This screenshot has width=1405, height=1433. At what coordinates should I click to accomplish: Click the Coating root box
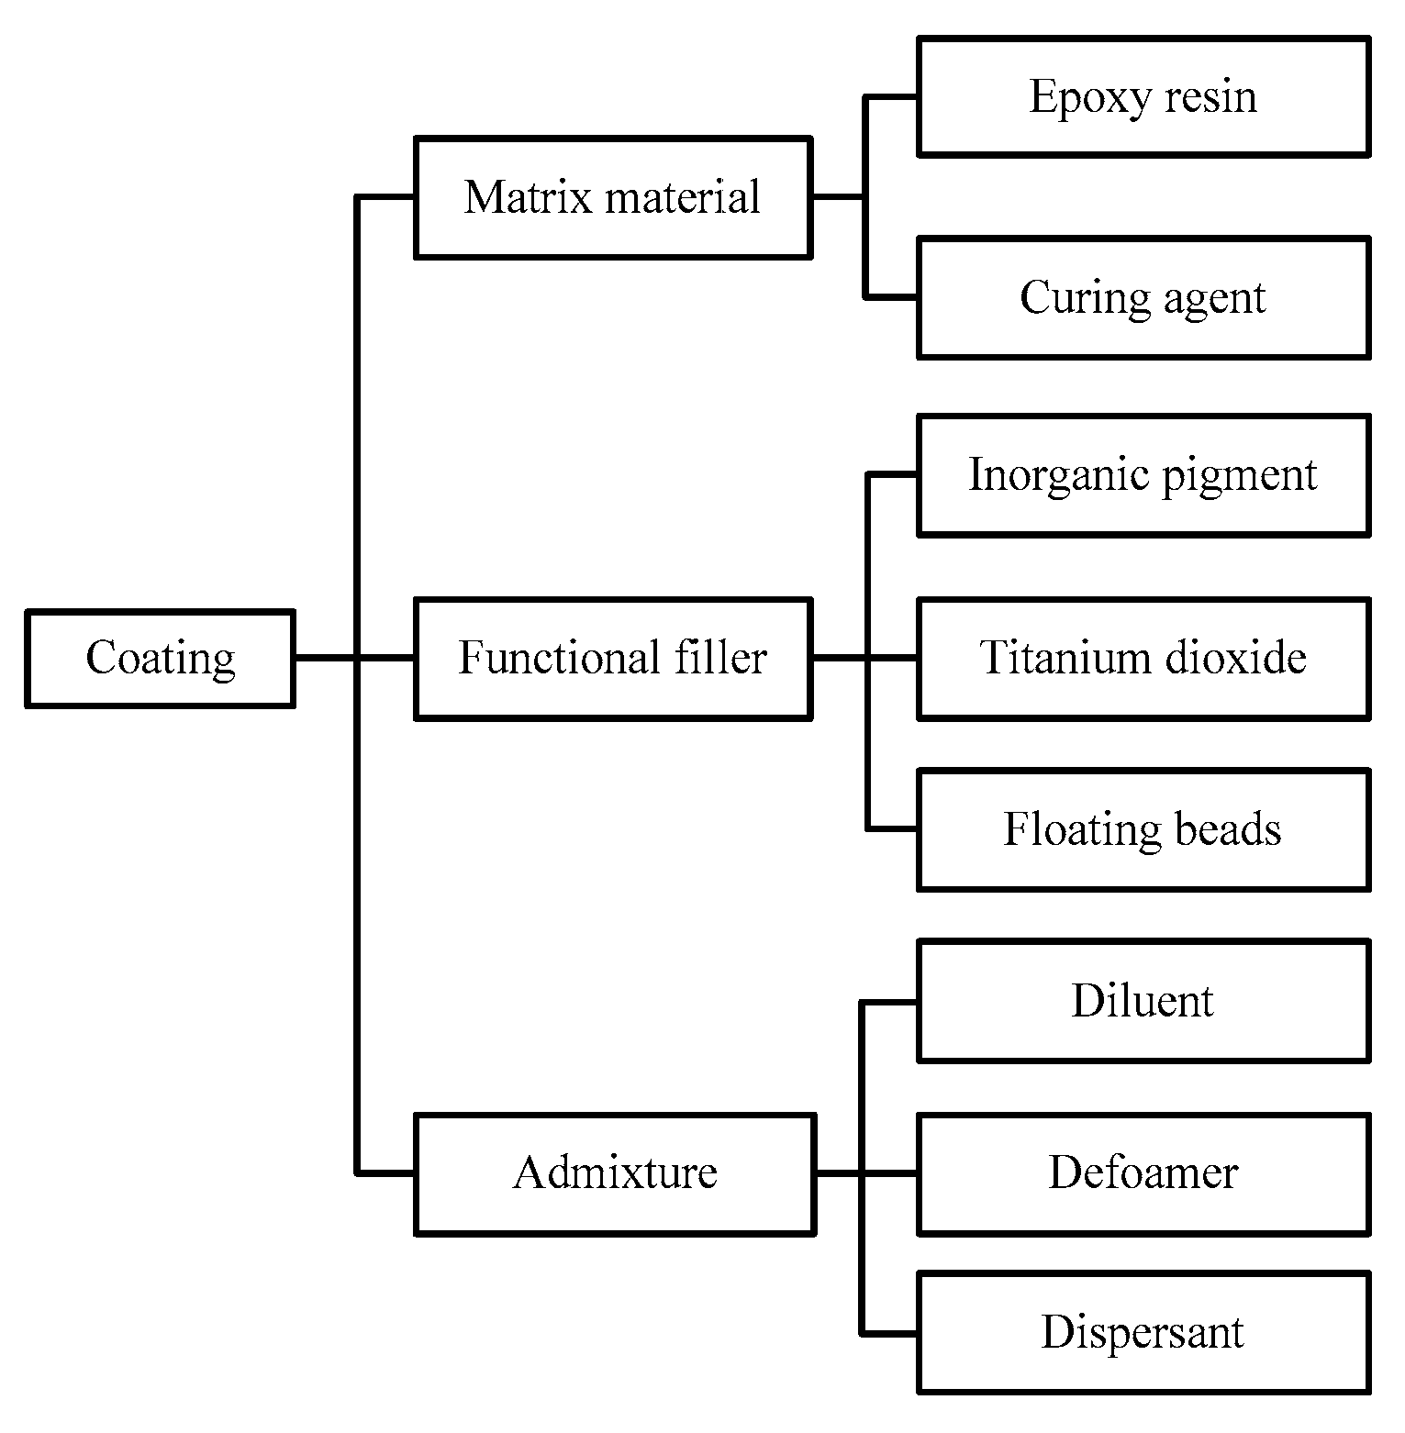point(160,659)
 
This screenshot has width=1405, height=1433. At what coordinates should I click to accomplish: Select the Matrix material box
point(612,197)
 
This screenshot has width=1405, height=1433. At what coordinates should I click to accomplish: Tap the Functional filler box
point(612,659)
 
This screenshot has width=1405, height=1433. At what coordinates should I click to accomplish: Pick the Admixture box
point(614,1173)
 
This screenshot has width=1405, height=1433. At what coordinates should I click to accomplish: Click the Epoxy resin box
point(1143,96)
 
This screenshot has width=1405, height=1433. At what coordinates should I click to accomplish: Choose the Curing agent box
point(1143,297)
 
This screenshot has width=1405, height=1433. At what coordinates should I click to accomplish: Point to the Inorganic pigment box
point(1143,475)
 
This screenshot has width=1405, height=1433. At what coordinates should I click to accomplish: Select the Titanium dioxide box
point(1143,659)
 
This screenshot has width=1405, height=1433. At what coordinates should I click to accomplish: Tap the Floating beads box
point(1143,829)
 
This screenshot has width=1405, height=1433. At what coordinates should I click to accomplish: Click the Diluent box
point(1143,1001)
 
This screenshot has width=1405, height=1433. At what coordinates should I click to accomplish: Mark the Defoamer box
point(1143,1173)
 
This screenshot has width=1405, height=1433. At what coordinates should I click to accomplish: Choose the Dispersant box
point(1143,1332)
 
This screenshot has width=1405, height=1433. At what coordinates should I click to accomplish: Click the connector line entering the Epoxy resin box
point(891,95)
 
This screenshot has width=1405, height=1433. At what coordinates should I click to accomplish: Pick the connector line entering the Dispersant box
point(889,1332)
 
